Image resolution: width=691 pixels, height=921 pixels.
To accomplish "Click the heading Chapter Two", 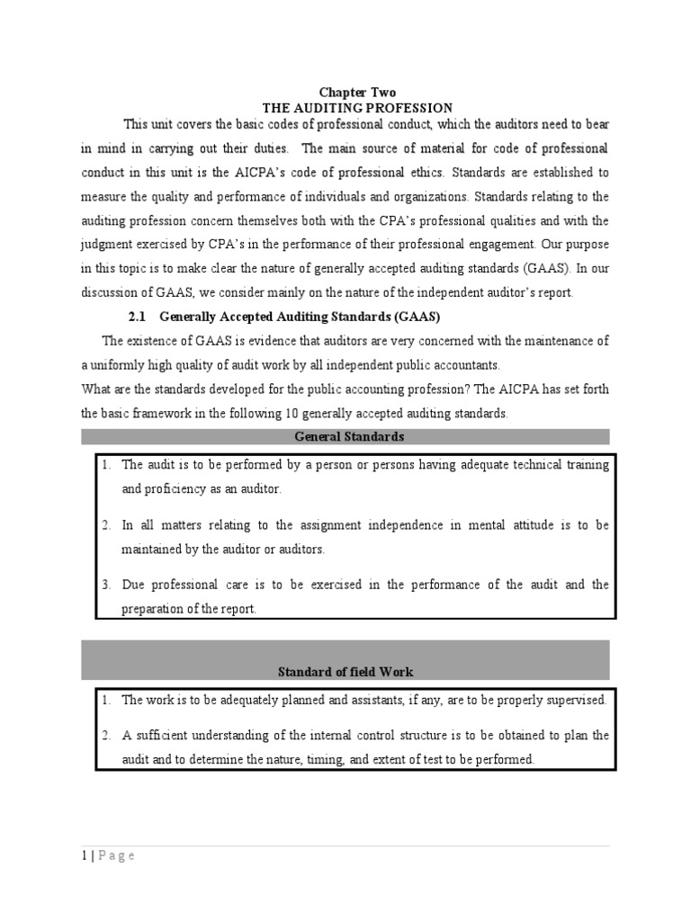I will point(358,92).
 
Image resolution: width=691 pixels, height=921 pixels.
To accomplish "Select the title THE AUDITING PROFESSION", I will point(358,107).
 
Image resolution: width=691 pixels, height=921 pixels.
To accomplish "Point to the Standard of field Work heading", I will point(345,672).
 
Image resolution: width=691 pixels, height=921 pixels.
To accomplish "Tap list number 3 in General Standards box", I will point(104,585).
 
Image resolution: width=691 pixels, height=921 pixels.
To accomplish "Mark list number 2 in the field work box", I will point(104,735).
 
